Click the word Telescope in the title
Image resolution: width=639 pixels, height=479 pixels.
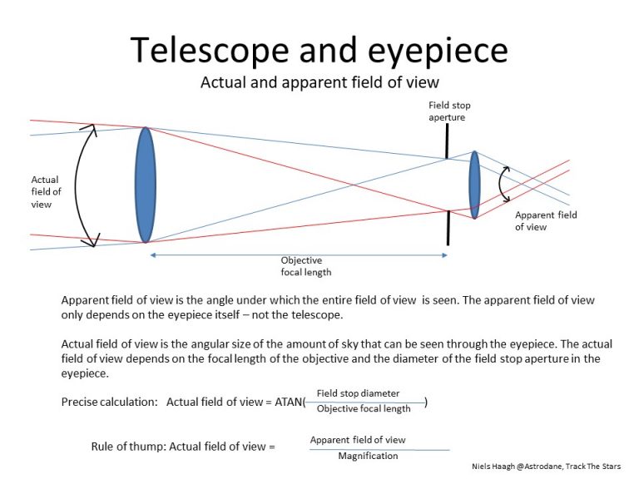[x=207, y=52]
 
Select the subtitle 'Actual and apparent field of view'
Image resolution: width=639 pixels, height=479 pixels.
[x=319, y=82]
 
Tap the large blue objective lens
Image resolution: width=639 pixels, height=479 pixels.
[x=146, y=185]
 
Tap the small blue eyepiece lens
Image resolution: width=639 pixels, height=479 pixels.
[x=474, y=185]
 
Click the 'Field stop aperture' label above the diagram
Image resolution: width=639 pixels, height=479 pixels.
[x=447, y=111]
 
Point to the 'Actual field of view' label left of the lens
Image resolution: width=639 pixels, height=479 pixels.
[x=46, y=191]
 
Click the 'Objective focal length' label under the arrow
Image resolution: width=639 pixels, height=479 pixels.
[x=300, y=266]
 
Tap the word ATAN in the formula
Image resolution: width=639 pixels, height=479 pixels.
[x=289, y=402]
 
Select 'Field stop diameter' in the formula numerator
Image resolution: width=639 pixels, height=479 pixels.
[x=358, y=393]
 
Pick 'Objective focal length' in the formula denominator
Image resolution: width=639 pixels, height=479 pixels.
[x=364, y=408]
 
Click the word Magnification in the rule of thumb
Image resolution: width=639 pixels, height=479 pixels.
[x=368, y=456]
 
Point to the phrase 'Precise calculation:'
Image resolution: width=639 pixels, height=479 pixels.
[x=110, y=402]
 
